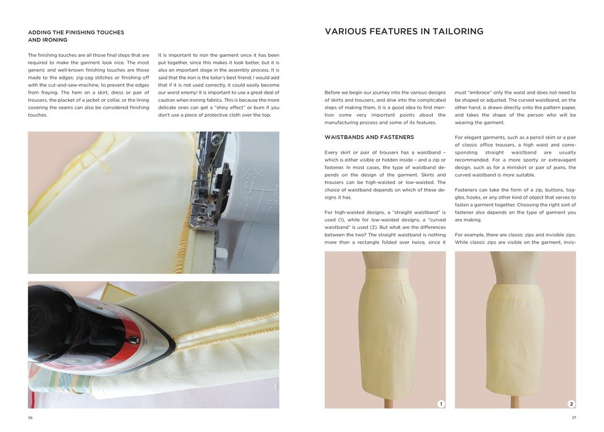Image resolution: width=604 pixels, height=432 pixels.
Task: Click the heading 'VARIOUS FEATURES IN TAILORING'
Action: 404,31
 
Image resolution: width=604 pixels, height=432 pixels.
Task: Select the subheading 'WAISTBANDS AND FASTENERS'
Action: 369,137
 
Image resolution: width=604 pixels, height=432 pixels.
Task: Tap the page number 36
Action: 30,418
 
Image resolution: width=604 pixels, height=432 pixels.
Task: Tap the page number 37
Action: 574,418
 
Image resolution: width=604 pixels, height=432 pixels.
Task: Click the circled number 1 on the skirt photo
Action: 441,404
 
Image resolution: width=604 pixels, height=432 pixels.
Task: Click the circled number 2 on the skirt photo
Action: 571,404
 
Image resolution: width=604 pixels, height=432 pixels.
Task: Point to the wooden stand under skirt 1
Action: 386,403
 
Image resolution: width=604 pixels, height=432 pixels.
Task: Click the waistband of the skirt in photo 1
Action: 386,275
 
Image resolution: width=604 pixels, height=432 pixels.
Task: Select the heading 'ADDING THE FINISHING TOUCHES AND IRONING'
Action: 76,36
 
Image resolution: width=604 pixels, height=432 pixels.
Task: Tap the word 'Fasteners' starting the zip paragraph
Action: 467,190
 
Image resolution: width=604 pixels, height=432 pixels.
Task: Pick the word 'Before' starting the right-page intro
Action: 332,93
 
